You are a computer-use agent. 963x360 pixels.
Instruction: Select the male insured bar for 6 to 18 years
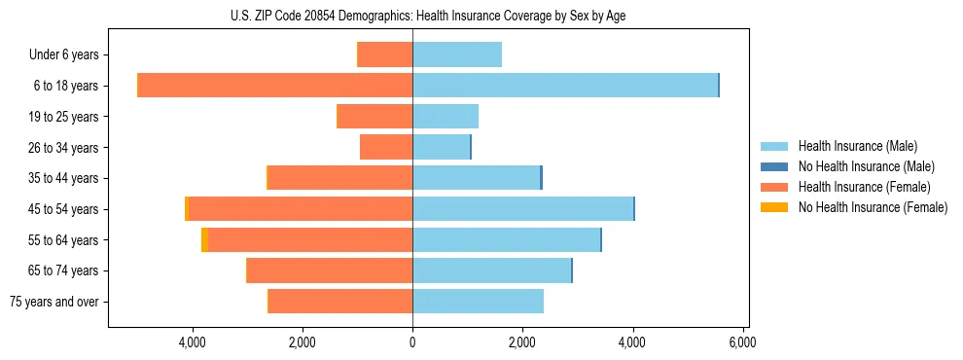click(x=564, y=86)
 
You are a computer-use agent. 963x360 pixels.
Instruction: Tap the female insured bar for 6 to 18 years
click(x=275, y=86)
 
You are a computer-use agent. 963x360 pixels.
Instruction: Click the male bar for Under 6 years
click(x=457, y=54)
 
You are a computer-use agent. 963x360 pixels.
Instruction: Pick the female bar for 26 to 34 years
click(x=386, y=147)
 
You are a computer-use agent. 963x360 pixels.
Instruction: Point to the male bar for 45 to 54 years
click(x=522, y=208)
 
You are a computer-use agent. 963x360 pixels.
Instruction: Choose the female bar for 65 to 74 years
click(x=330, y=270)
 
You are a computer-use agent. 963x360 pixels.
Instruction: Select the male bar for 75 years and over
click(x=478, y=302)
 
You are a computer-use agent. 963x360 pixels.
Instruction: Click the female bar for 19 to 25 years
click(x=374, y=117)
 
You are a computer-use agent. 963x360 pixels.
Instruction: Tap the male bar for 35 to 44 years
click(x=476, y=178)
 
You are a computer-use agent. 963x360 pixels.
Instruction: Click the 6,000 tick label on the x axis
click(x=742, y=342)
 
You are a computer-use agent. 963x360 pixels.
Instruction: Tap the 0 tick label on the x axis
click(x=412, y=342)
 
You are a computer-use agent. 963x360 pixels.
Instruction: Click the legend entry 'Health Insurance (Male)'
click(x=857, y=146)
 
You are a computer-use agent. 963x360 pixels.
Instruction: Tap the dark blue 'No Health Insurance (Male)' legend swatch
click(x=774, y=166)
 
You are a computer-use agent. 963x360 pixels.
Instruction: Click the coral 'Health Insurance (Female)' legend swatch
click(x=774, y=187)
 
